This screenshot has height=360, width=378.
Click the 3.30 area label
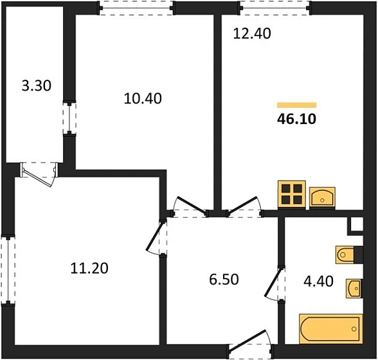37,86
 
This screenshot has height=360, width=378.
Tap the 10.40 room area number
143,98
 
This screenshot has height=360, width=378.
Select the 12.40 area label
252,33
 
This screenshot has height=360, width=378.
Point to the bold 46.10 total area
296,119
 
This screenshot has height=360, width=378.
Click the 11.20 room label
89,268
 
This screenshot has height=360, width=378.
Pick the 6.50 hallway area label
224,280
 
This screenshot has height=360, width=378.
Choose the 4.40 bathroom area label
318,282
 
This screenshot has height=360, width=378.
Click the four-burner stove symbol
292,194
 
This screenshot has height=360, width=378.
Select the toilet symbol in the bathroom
349,255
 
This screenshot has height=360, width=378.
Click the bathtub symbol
331,329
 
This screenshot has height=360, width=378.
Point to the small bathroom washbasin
354,289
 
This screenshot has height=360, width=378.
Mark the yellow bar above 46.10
296,105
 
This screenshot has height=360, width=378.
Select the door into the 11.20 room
156,237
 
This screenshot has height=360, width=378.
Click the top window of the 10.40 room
136,8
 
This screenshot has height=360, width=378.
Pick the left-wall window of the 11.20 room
8,270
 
